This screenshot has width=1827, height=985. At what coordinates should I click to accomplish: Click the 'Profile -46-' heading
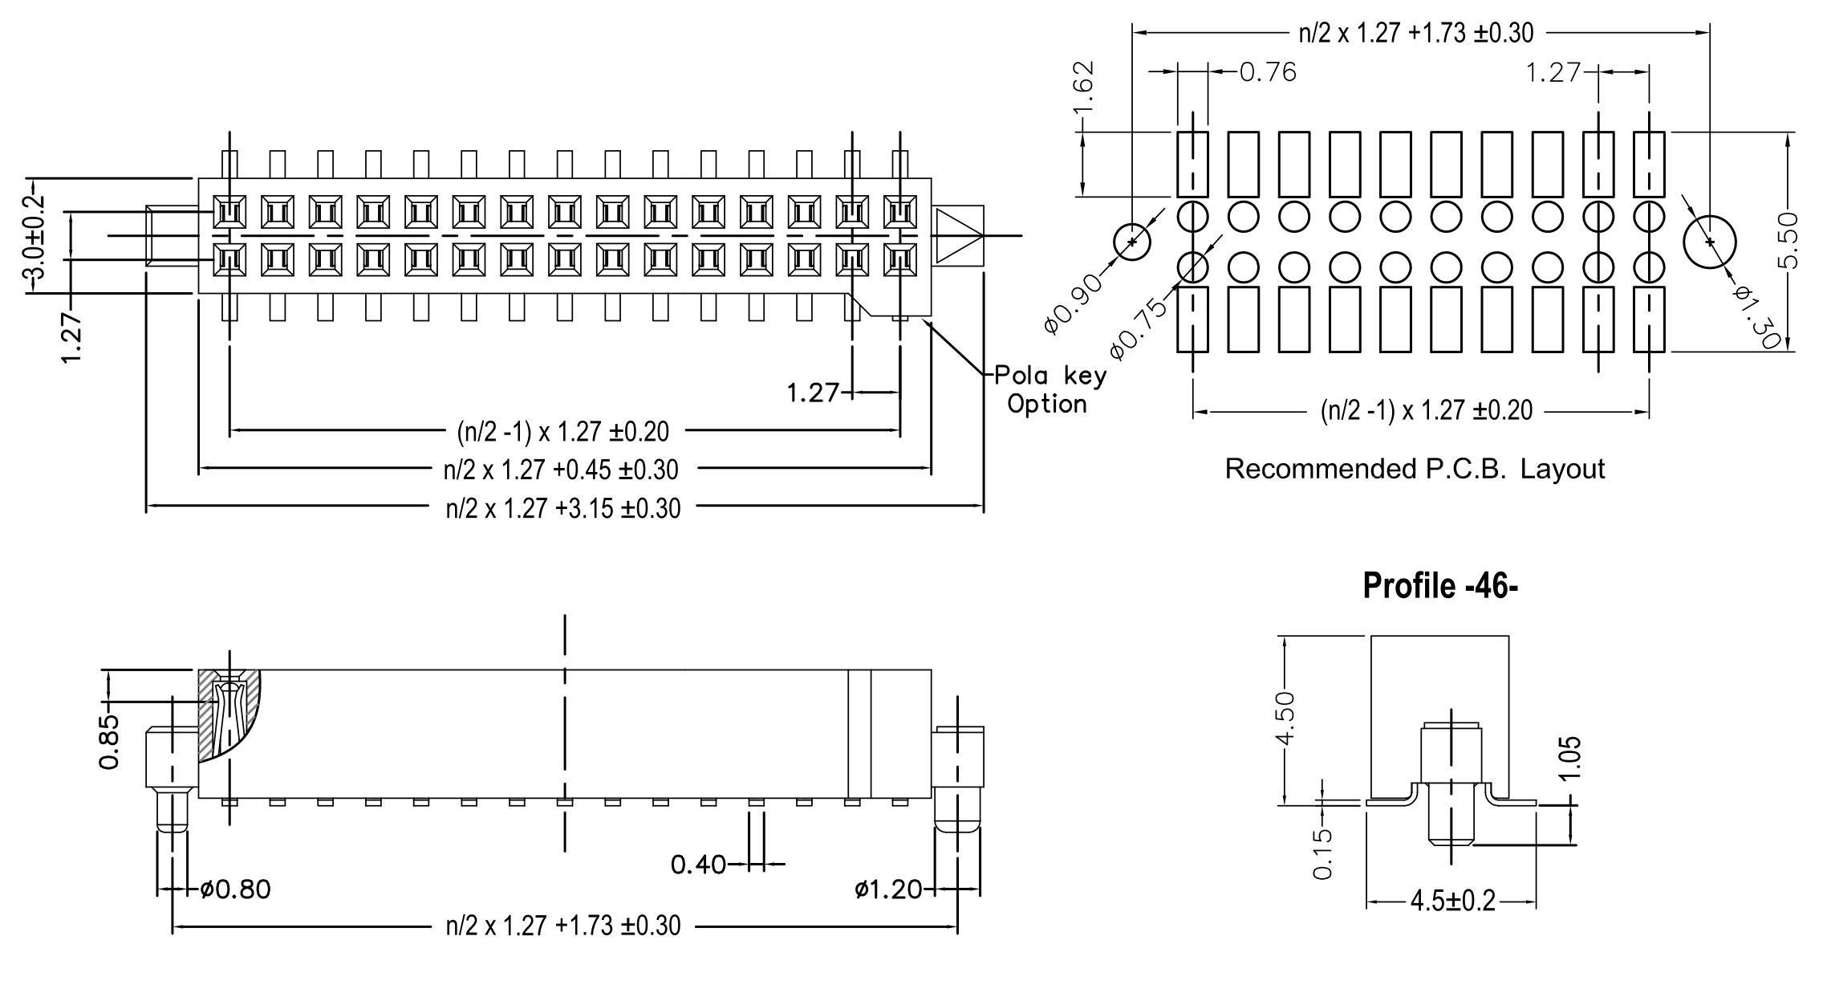[1439, 586]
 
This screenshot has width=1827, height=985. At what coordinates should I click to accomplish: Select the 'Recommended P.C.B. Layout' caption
[1414, 469]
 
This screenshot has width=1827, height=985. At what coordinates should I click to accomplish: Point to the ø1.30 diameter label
[1755, 316]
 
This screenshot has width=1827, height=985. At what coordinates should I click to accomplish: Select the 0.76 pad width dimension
[1268, 72]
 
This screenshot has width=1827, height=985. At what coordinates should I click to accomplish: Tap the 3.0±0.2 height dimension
[35, 241]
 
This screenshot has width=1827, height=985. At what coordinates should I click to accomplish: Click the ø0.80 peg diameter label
[235, 889]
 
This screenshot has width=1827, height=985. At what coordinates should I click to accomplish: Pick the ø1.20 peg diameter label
[888, 889]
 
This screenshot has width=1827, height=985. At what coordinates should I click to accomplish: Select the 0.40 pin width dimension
[697, 865]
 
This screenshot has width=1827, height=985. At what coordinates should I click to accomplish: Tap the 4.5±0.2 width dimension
[1452, 902]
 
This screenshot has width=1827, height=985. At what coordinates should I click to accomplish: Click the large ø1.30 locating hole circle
[1709, 241]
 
